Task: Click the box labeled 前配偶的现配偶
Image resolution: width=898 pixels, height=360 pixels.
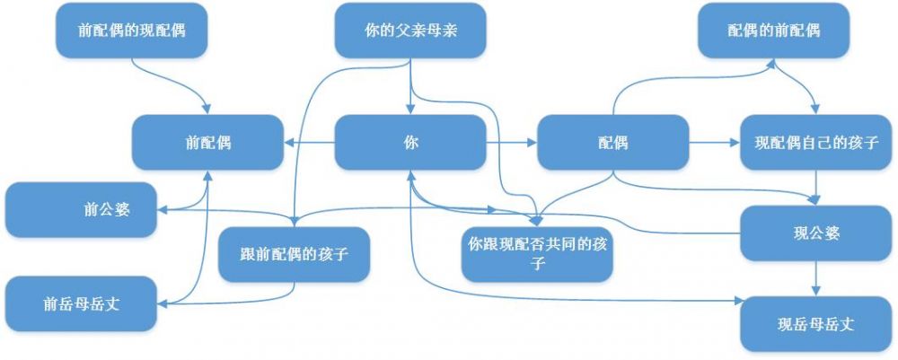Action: tap(132, 30)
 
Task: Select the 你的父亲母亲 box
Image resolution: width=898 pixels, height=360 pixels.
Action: tap(410, 30)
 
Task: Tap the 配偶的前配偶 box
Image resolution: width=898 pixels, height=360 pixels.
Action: tap(773, 30)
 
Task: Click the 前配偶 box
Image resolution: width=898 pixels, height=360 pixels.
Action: tap(208, 142)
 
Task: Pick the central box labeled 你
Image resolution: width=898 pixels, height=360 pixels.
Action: tap(410, 142)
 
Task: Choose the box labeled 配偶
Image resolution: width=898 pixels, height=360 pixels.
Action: tap(612, 142)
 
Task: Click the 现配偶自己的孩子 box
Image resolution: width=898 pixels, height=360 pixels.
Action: tap(816, 142)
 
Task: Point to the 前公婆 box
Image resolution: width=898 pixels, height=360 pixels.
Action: tap(82, 209)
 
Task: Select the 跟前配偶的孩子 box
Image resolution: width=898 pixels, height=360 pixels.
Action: tap(295, 254)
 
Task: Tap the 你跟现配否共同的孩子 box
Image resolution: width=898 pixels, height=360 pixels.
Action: tap(538, 254)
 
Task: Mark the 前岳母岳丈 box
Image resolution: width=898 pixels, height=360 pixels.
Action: tap(82, 303)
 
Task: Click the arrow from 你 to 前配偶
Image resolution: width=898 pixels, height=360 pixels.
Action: tap(310, 142)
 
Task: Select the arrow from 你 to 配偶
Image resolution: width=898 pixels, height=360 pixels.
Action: tap(512, 142)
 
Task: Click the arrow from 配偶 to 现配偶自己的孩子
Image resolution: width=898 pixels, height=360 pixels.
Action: tap(715, 142)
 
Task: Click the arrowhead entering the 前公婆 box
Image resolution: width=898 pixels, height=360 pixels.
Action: tap(164, 209)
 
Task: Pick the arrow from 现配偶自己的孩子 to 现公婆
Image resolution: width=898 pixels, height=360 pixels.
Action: tap(816, 188)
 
